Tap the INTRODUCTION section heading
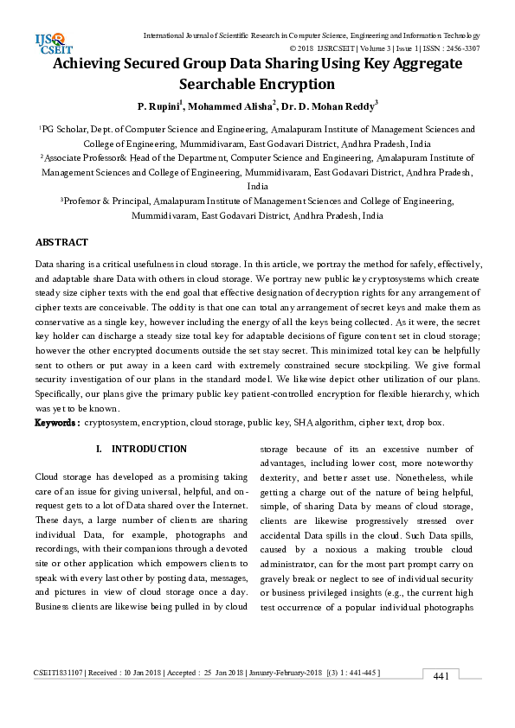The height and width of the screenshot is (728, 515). point(149,449)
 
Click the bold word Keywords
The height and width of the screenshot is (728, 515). point(56,423)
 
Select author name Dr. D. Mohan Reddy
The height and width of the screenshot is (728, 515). point(317,106)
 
